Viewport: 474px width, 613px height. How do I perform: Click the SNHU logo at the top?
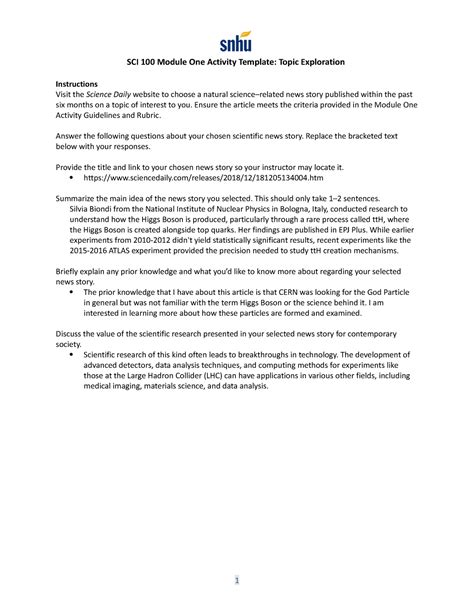(237, 41)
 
